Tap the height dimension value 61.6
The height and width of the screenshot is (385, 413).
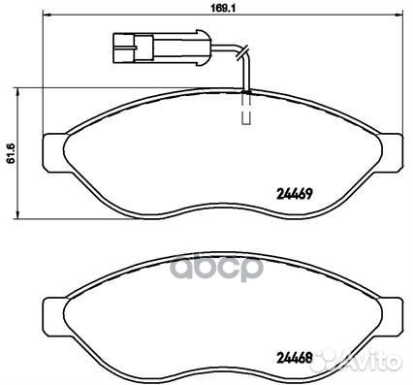(12, 154)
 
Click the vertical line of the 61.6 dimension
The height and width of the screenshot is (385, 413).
(24, 154)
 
